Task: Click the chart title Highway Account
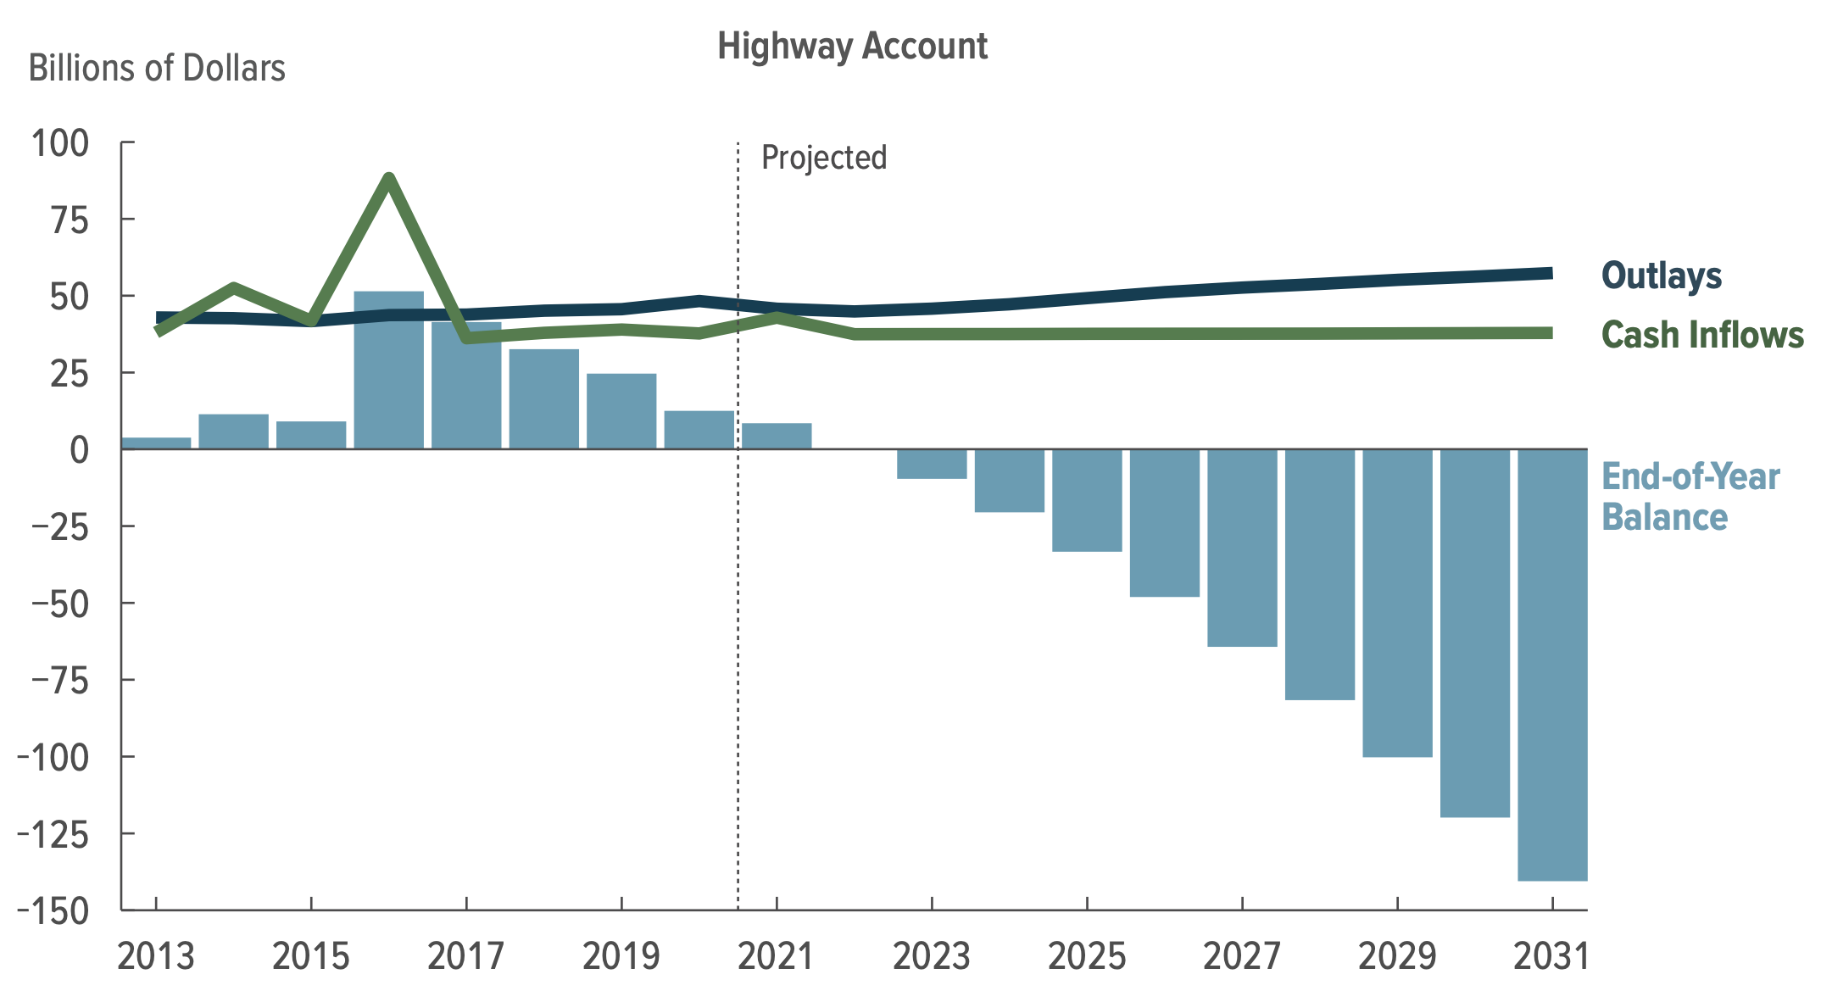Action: pyautogui.click(x=852, y=46)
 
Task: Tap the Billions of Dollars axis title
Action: pyautogui.click(x=157, y=69)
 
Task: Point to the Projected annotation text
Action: pyautogui.click(x=823, y=158)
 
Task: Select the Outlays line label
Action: pyautogui.click(x=1661, y=276)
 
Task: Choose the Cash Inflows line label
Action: pyautogui.click(x=1701, y=335)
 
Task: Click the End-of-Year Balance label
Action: pyautogui.click(x=1690, y=497)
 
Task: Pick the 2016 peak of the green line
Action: pyautogui.click(x=389, y=178)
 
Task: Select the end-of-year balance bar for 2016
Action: pyautogui.click(x=389, y=370)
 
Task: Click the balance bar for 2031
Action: pyautogui.click(x=1552, y=665)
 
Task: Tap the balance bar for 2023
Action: pyautogui.click(x=932, y=464)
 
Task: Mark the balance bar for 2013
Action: pyautogui.click(x=156, y=443)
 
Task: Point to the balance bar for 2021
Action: pyautogui.click(x=777, y=436)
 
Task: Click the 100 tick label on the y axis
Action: pyautogui.click(x=60, y=143)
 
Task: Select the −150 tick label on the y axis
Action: pyautogui.click(x=53, y=911)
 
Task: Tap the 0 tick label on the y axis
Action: pyautogui.click(x=79, y=449)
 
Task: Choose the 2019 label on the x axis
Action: pyautogui.click(x=621, y=957)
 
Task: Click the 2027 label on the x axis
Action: pyautogui.click(x=1241, y=957)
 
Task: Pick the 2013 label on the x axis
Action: pyautogui.click(x=156, y=957)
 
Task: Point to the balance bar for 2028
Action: pyautogui.click(x=1319, y=574)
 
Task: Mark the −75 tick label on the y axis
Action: pyautogui.click(x=59, y=681)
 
